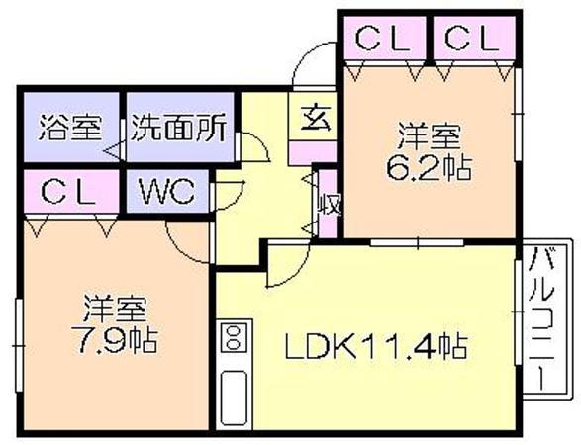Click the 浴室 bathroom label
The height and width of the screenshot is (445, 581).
pyautogui.click(x=69, y=128)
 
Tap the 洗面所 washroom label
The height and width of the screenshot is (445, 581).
pyautogui.click(x=178, y=128)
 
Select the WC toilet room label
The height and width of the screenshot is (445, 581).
pyautogui.click(x=167, y=191)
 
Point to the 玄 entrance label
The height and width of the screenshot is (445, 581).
pyautogui.click(x=316, y=119)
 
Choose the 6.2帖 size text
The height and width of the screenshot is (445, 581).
pyautogui.click(x=430, y=168)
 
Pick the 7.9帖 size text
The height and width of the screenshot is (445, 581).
pyautogui.click(x=117, y=340)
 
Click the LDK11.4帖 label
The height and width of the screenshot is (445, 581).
pyautogui.click(x=376, y=346)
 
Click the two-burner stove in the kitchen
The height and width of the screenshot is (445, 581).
pyautogui.click(x=233, y=338)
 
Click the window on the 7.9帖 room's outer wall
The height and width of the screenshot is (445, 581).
pyautogui.click(x=19, y=345)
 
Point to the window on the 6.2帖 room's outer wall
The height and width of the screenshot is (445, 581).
pyautogui.click(x=519, y=115)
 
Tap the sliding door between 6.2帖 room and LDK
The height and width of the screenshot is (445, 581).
pyautogui.click(x=418, y=243)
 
